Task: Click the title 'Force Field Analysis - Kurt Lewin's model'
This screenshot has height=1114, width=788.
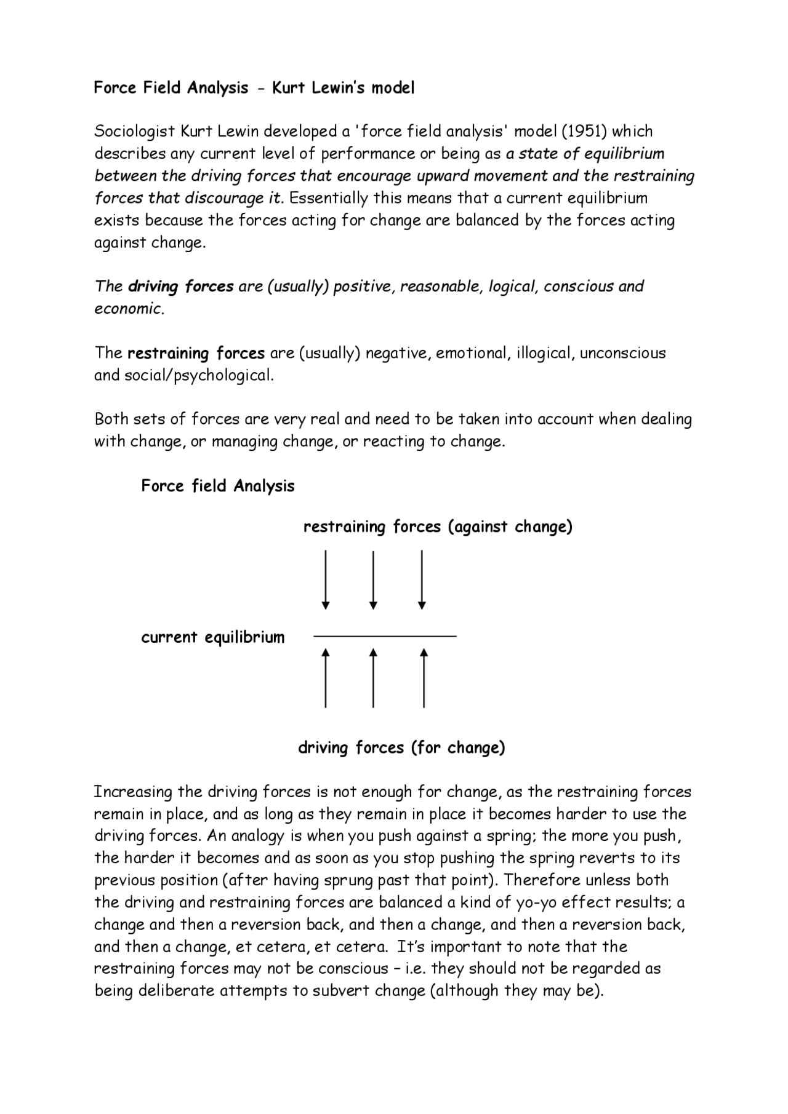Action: coord(254,88)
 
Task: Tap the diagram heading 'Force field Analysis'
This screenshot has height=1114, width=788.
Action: coord(218,486)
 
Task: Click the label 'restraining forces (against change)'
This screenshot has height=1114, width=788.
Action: coord(438,527)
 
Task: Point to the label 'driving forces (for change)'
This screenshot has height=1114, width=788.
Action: coord(401,748)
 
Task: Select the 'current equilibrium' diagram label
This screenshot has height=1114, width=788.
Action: coord(213,637)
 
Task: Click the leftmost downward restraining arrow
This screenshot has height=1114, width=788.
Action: coord(326,579)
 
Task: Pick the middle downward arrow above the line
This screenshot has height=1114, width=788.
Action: coord(373,579)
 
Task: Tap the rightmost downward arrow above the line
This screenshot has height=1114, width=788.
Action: coord(422,579)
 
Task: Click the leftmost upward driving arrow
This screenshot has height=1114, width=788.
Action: coord(326,678)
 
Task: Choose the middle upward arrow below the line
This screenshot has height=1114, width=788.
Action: coord(373,678)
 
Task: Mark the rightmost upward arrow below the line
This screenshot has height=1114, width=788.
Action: coord(424,678)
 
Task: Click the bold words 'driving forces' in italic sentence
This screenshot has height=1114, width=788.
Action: coord(180,287)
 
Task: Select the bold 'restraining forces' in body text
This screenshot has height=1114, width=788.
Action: coord(196,354)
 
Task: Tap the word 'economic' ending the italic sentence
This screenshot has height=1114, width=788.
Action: coord(128,309)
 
